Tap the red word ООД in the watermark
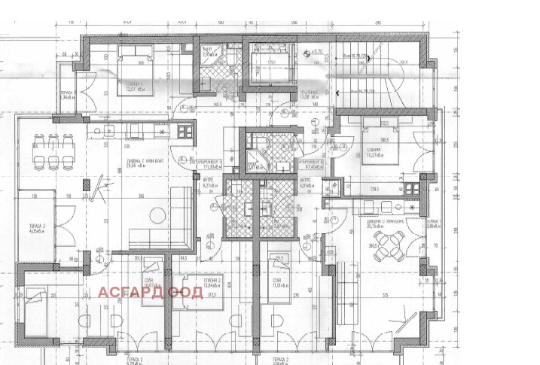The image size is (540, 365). (186, 292)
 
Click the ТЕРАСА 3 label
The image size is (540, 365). (37, 226)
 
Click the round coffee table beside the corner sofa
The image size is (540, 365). (154, 211)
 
